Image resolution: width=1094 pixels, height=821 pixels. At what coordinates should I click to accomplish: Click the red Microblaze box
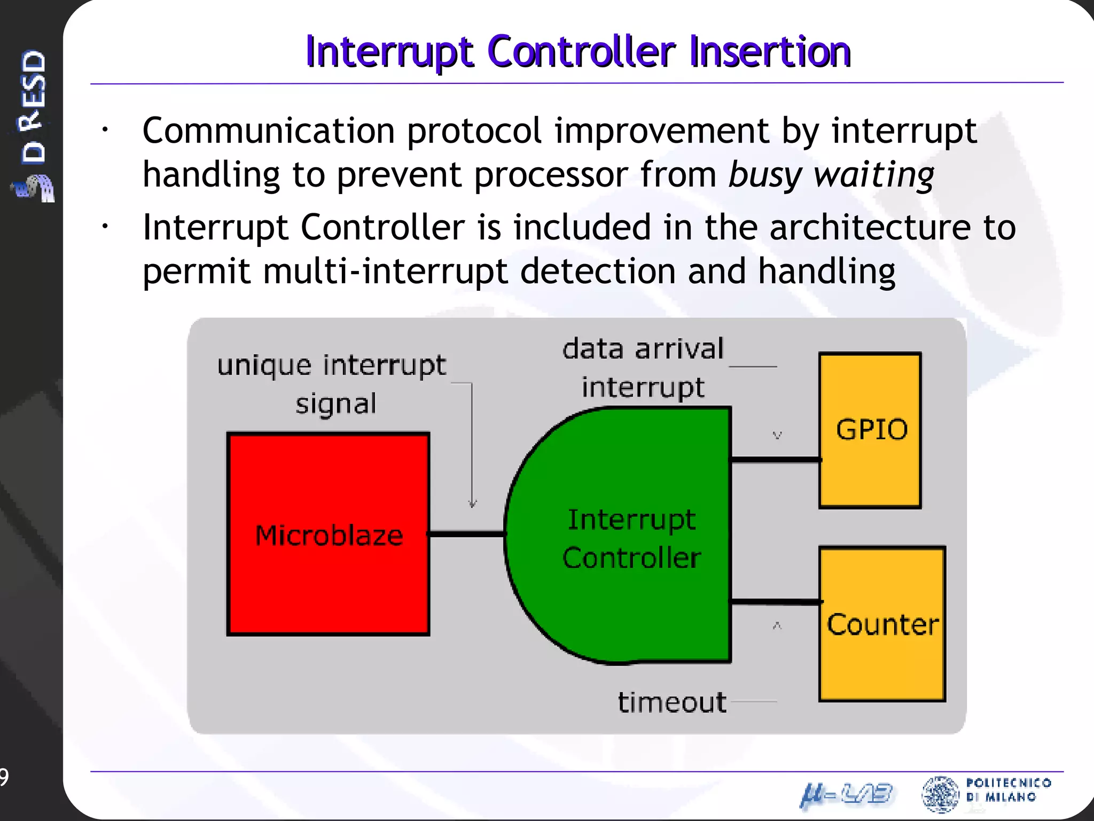[x=328, y=583]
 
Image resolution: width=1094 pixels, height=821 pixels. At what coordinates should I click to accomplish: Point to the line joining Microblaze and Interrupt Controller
[x=466, y=533]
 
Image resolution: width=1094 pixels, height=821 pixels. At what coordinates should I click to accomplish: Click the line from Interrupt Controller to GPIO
[x=775, y=459]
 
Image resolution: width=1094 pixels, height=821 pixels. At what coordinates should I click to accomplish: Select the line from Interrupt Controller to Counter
[x=775, y=602]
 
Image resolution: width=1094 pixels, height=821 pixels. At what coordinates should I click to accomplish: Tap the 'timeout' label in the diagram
[x=671, y=702]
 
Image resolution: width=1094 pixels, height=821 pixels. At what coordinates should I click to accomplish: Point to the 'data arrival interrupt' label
[x=643, y=368]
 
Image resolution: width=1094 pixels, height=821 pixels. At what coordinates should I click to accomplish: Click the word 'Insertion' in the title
[x=769, y=52]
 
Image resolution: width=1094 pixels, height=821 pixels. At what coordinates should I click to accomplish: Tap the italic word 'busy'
[x=764, y=175]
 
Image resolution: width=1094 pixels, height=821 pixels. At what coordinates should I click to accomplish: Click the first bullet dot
[x=106, y=130]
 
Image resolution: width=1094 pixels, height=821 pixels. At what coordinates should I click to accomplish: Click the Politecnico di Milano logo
[x=986, y=793]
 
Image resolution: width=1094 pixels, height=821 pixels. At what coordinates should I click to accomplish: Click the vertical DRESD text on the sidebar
[x=33, y=107]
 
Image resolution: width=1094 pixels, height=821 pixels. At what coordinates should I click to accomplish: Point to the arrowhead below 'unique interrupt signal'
[x=472, y=504]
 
